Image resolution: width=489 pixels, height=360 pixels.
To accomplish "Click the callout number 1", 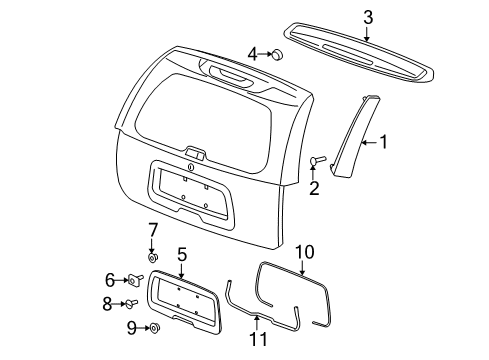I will click(382, 143).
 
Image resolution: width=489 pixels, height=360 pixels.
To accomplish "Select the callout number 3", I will click(367, 16).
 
